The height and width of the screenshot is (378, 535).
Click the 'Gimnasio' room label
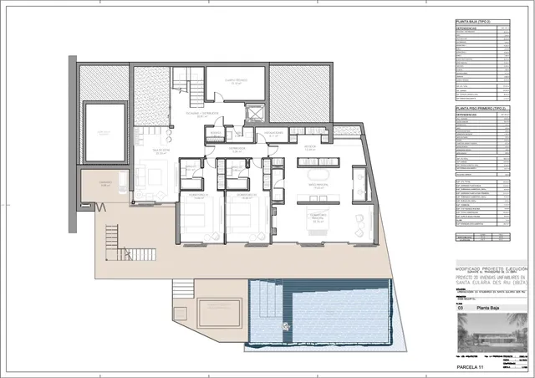[x=105, y=185]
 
